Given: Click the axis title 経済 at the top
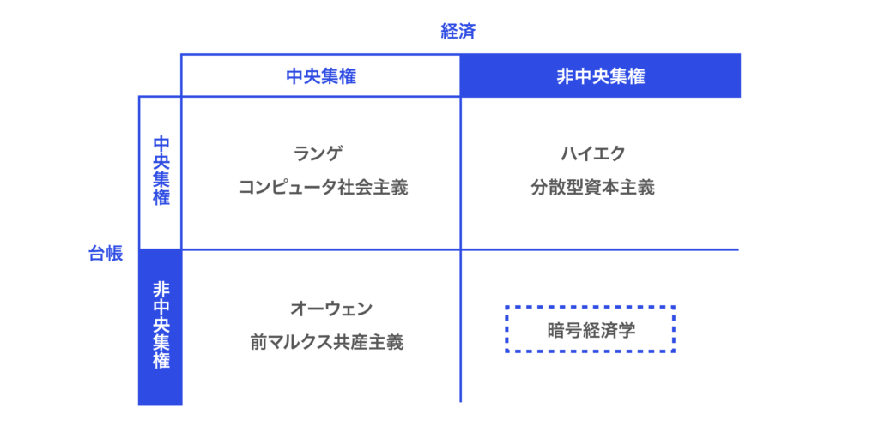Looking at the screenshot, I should click(458, 32).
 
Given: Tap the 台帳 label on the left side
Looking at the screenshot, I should click(106, 253).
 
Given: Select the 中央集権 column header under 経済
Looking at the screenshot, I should click(321, 76).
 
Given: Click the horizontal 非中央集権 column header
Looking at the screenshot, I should click(601, 76).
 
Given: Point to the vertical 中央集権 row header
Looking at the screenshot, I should click(161, 171).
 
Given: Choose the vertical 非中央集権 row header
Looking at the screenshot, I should click(161, 325).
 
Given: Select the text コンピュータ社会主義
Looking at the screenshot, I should click(323, 187).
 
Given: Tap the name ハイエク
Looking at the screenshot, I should click(593, 153).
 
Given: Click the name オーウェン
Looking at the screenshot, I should click(330, 308).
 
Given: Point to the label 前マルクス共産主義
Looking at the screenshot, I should click(326, 342).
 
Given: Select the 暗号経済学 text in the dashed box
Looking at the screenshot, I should click(591, 330).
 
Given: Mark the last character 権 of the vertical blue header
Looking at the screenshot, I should click(161, 361).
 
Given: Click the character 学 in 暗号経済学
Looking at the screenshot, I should click(627, 330).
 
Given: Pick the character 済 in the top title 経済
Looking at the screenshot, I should click(468, 32).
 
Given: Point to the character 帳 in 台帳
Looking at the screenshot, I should click(114, 253).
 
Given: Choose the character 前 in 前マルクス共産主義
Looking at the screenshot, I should click(258, 342).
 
